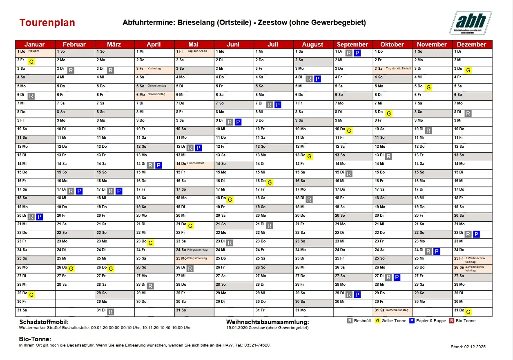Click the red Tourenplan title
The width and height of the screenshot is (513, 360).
(x=47, y=23)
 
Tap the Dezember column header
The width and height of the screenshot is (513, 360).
(x=472, y=44)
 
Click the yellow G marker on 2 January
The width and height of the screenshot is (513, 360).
(x=31, y=62)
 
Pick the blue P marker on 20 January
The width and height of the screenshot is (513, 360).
(x=39, y=217)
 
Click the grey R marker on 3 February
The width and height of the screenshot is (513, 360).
(x=71, y=70)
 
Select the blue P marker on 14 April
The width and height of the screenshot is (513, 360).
(x=158, y=165)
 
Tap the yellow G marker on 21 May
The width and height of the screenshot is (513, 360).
(x=190, y=226)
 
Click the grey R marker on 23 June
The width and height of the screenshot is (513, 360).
(x=230, y=243)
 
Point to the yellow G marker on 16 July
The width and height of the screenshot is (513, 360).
(x=270, y=182)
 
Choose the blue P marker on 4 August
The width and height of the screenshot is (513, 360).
(x=317, y=79)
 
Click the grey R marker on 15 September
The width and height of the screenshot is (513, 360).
(x=349, y=174)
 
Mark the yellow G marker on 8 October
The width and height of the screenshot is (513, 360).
(x=389, y=113)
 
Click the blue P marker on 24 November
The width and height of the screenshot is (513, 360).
(x=437, y=251)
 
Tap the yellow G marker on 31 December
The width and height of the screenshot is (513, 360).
(x=468, y=312)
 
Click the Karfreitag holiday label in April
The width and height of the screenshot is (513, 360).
(x=154, y=69)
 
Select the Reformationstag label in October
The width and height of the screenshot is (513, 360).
(x=397, y=310)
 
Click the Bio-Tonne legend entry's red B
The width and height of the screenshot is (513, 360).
(x=452, y=321)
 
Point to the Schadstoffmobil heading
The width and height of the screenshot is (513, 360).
(x=41, y=322)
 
